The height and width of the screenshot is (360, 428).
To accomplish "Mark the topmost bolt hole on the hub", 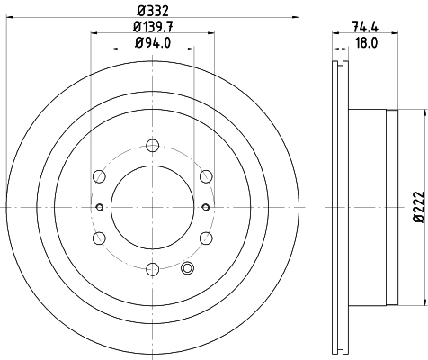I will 152,144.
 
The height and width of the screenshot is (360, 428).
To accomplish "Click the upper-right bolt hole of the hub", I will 206,175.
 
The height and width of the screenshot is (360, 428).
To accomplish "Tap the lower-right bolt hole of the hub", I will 206,238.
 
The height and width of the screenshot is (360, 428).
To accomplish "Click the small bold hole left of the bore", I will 99,207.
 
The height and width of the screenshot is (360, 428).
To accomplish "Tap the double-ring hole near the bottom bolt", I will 187,267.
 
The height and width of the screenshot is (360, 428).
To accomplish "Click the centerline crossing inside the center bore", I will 152,207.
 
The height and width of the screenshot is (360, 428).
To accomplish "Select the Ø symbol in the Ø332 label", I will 138,12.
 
